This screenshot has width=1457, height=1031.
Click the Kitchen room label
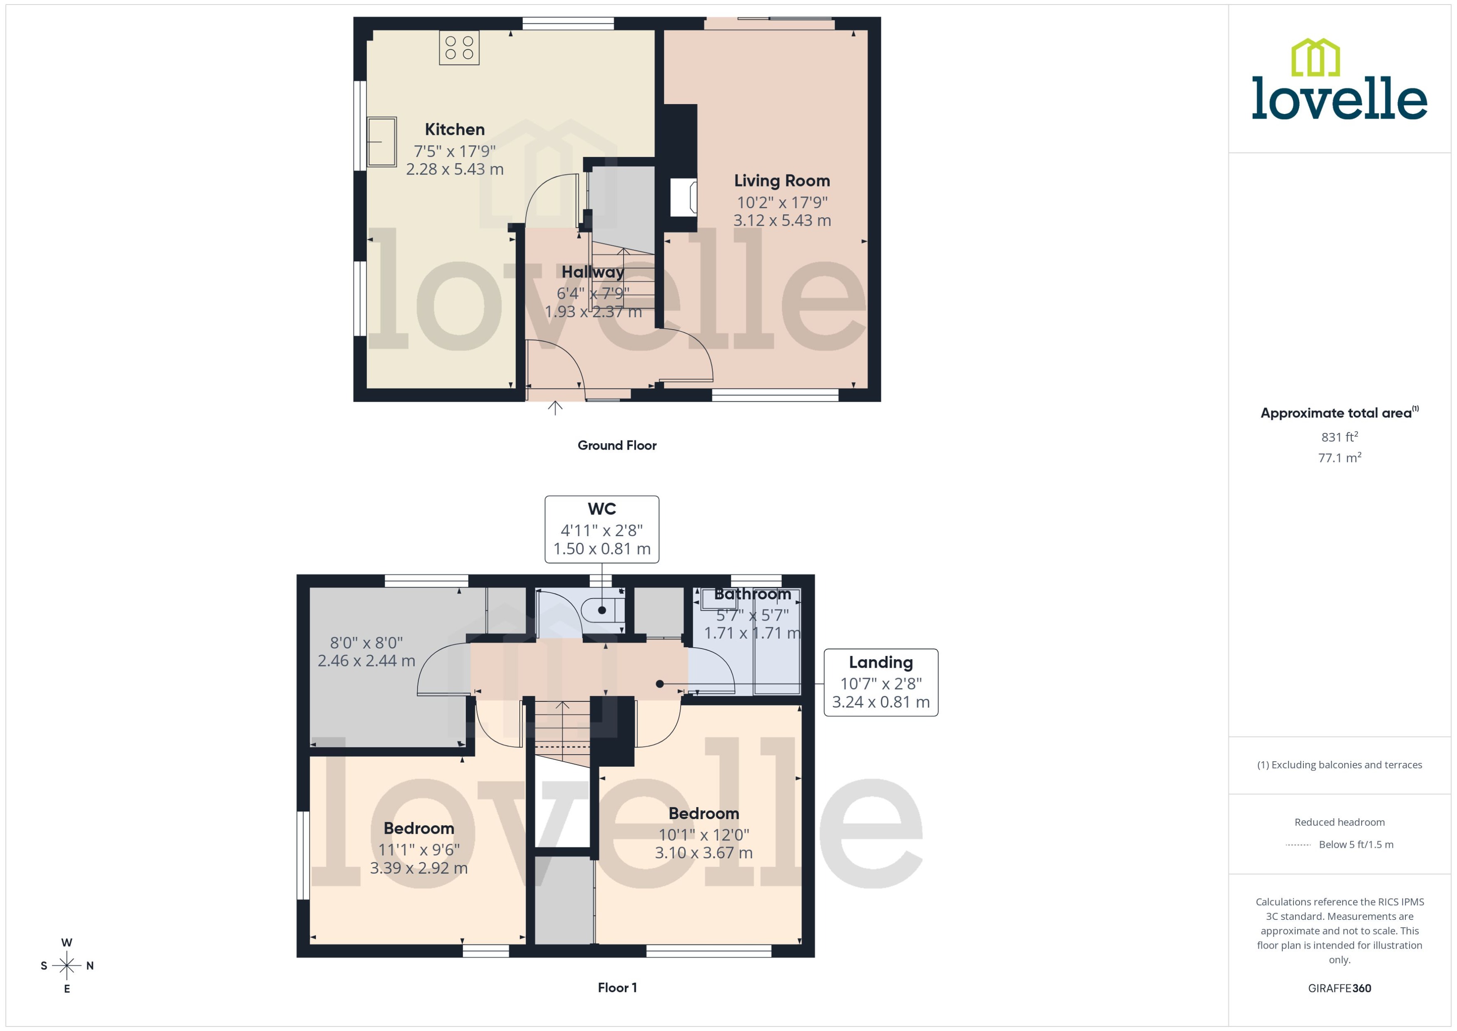pos(455,129)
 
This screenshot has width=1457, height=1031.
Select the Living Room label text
pos(781,181)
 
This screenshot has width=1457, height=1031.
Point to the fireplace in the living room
pos(684,197)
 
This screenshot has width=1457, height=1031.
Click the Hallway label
pos(593,272)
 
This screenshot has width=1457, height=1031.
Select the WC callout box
pos(601,529)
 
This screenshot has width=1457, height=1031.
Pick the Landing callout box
pos(880,683)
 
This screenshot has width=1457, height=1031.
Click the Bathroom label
pos(752,594)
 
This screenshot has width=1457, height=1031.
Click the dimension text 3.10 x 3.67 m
pos(704,852)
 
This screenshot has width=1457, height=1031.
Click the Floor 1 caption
pos(617,988)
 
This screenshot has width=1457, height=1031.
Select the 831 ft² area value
pos(1339,437)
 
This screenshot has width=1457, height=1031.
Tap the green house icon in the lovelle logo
pos(1315,58)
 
